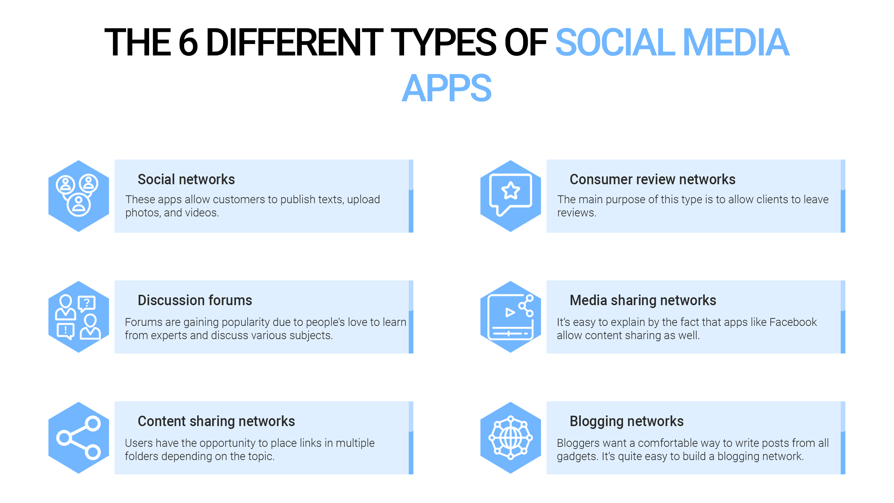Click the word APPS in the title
(x=447, y=88)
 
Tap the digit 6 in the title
(x=188, y=43)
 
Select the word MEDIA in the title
(x=736, y=43)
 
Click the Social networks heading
(x=186, y=179)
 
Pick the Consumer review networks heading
(x=653, y=179)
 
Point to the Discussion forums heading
(x=195, y=300)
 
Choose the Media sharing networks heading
(x=643, y=301)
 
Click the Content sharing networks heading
(x=216, y=421)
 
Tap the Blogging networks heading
(x=627, y=421)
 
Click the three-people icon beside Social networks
(x=77, y=195)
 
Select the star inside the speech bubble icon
(x=511, y=190)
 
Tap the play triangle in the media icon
(x=510, y=313)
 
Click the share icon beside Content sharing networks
(x=79, y=438)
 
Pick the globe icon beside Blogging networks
(x=511, y=438)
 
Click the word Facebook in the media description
(x=793, y=322)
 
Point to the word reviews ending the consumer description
(x=576, y=213)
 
